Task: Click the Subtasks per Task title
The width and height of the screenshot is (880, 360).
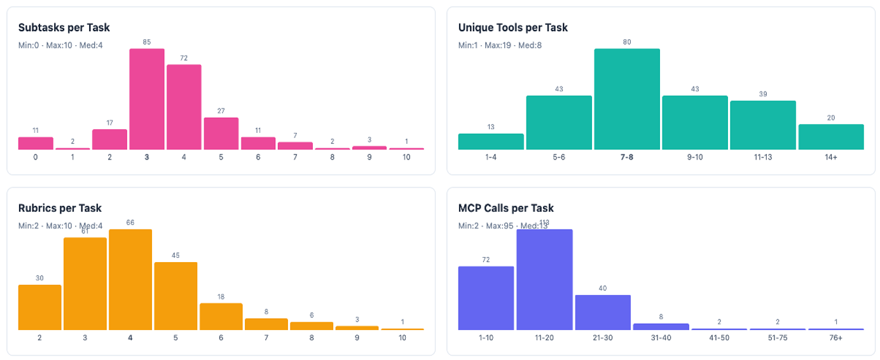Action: (64, 28)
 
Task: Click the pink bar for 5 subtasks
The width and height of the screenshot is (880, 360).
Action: (221, 134)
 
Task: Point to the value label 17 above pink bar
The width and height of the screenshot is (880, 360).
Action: (109, 122)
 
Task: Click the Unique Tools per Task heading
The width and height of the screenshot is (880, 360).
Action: (512, 28)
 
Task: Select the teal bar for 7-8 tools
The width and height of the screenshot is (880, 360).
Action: (627, 99)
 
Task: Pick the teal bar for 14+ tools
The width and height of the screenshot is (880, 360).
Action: (831, 137)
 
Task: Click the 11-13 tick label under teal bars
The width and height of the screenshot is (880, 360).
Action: (763, 157)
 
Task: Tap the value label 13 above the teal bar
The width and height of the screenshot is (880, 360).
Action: (491, 127)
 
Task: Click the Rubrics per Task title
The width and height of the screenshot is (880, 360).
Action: (60, 209)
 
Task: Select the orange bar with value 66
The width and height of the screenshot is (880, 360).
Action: (130, 280)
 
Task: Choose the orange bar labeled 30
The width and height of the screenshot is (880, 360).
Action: (39, 307)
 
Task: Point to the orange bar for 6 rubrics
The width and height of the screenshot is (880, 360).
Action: (221, 316)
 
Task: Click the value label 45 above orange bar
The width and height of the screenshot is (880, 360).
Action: (175, 256)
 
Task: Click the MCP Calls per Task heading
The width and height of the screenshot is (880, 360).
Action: (505, 209)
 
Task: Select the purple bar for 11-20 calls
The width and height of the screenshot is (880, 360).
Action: (544, 280)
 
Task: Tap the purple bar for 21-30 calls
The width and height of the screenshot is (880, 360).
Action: (603, 312)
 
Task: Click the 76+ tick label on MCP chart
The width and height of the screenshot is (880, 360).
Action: (835, 338)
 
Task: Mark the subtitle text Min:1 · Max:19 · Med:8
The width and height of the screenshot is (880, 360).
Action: (498, 46)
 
